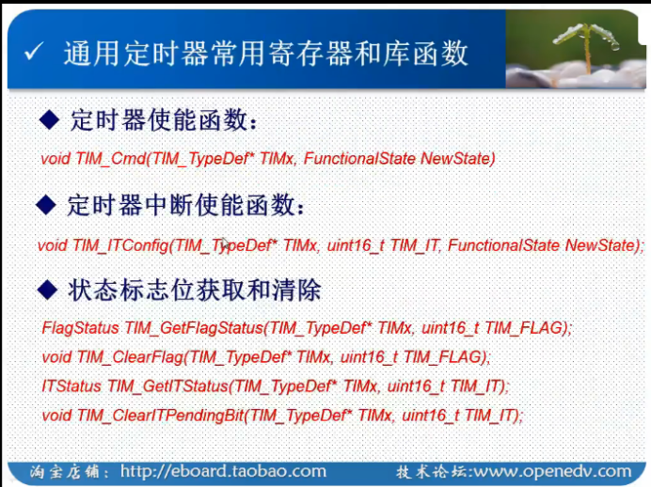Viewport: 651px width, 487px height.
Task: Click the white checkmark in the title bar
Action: [x=33, y=52]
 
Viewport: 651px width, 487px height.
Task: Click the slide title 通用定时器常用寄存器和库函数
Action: [x=266, y=54]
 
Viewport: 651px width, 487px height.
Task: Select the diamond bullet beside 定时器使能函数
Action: [x=50, y=120]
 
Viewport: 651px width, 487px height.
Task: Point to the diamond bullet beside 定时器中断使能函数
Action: [x=46, y=205]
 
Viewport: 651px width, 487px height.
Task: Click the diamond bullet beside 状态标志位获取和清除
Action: [x=47, y=290]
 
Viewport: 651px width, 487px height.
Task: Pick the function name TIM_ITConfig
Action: [x=120, y=245]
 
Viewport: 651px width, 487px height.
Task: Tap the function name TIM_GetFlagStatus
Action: [x=194, y=328]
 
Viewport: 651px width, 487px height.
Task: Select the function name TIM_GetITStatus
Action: [x=167, y=386]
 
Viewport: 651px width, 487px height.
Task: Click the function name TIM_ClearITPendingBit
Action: [x=160, y=416]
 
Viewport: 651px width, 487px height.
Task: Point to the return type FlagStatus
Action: [x=81, y=328]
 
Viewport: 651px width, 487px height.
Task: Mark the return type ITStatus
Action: [x=71, y=386]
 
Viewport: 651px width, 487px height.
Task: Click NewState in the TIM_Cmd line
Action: [x=458, y=159]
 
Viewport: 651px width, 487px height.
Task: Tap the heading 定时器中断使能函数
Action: [x=185, y=205]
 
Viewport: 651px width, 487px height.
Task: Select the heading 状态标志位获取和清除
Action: [x=195, y=290]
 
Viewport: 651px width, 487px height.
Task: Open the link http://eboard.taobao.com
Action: [x=223, y=471]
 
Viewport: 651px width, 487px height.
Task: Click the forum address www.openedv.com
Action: [x=552, y=471]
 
